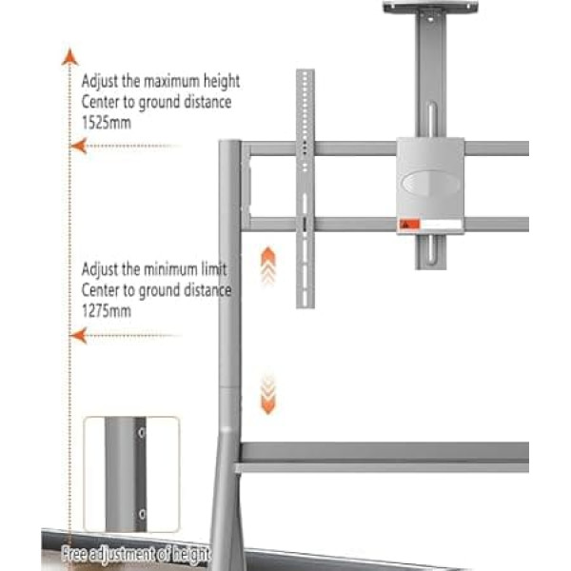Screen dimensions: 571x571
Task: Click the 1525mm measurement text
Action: coord(107,123)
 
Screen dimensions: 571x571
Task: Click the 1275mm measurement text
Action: coord(107,311)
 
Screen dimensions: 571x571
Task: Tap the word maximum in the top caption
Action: coord(172,81)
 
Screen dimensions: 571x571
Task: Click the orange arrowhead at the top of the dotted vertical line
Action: coord(69,57)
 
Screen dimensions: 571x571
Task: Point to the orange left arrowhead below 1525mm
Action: coord(79,146)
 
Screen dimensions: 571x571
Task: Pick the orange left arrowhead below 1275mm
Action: coord(79,335)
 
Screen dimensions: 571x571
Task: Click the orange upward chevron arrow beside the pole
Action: coord(268,266)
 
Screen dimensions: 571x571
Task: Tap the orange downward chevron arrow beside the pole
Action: coord(268,394)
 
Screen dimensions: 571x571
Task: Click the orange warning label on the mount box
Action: coord(409,224)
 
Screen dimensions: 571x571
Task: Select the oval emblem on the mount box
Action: coord(431,182)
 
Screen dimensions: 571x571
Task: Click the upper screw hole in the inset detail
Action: coord(141,433)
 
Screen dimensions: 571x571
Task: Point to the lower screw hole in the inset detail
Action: coord(142,514)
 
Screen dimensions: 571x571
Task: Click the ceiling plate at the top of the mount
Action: coord(430,7)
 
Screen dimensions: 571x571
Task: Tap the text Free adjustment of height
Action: coord(136,555)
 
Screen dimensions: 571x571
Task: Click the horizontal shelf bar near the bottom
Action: coord(382,458)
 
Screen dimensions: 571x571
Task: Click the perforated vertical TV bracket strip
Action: coord(305,188)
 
